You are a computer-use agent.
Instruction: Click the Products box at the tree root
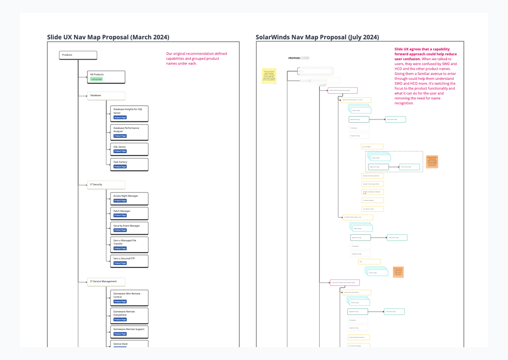[78, 55]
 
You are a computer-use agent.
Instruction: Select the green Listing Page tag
[96, 79]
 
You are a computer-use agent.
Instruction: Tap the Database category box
[106, 96]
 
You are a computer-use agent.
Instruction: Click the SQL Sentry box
[129, 149]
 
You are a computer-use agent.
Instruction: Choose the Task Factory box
[129, 164]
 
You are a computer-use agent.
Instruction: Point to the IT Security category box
[106, 185]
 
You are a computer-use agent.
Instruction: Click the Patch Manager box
[129, 213]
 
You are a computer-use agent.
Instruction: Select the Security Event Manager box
[129, 228]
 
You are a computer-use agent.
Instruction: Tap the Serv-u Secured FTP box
[129, 261]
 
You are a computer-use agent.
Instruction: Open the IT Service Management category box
[106, 282]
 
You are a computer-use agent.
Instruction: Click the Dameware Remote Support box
[129, 331]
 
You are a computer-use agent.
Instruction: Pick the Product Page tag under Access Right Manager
[120, 201]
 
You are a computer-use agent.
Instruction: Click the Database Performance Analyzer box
[129, 132]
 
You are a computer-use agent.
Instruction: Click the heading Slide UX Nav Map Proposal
[108, 37]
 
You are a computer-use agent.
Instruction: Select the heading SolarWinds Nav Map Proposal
[317, 37]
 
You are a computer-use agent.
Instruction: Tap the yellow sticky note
[269, 76]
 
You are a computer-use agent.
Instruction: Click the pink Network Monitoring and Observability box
[342, 90]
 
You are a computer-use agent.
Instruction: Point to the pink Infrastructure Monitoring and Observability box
[345, 282]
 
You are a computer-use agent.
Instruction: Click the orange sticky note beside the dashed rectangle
[432, 162]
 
